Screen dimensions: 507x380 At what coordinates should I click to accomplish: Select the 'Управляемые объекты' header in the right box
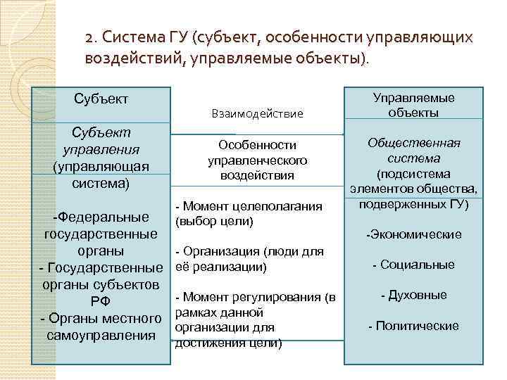point(413,106)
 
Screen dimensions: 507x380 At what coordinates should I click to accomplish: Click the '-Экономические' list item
point(413,234)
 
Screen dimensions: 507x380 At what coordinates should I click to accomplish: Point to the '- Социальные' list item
point(413,265)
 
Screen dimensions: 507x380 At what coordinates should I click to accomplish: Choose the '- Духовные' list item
point(413,295)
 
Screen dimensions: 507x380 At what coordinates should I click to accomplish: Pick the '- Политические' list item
point(413,326)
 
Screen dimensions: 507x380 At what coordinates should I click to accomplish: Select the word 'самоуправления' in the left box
point(101,336)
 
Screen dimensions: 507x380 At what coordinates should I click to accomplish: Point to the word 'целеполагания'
point(281,206)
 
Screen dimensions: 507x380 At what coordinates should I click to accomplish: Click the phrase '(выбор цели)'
point(213,222)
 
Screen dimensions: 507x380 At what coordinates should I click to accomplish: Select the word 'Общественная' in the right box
point(413,144)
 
